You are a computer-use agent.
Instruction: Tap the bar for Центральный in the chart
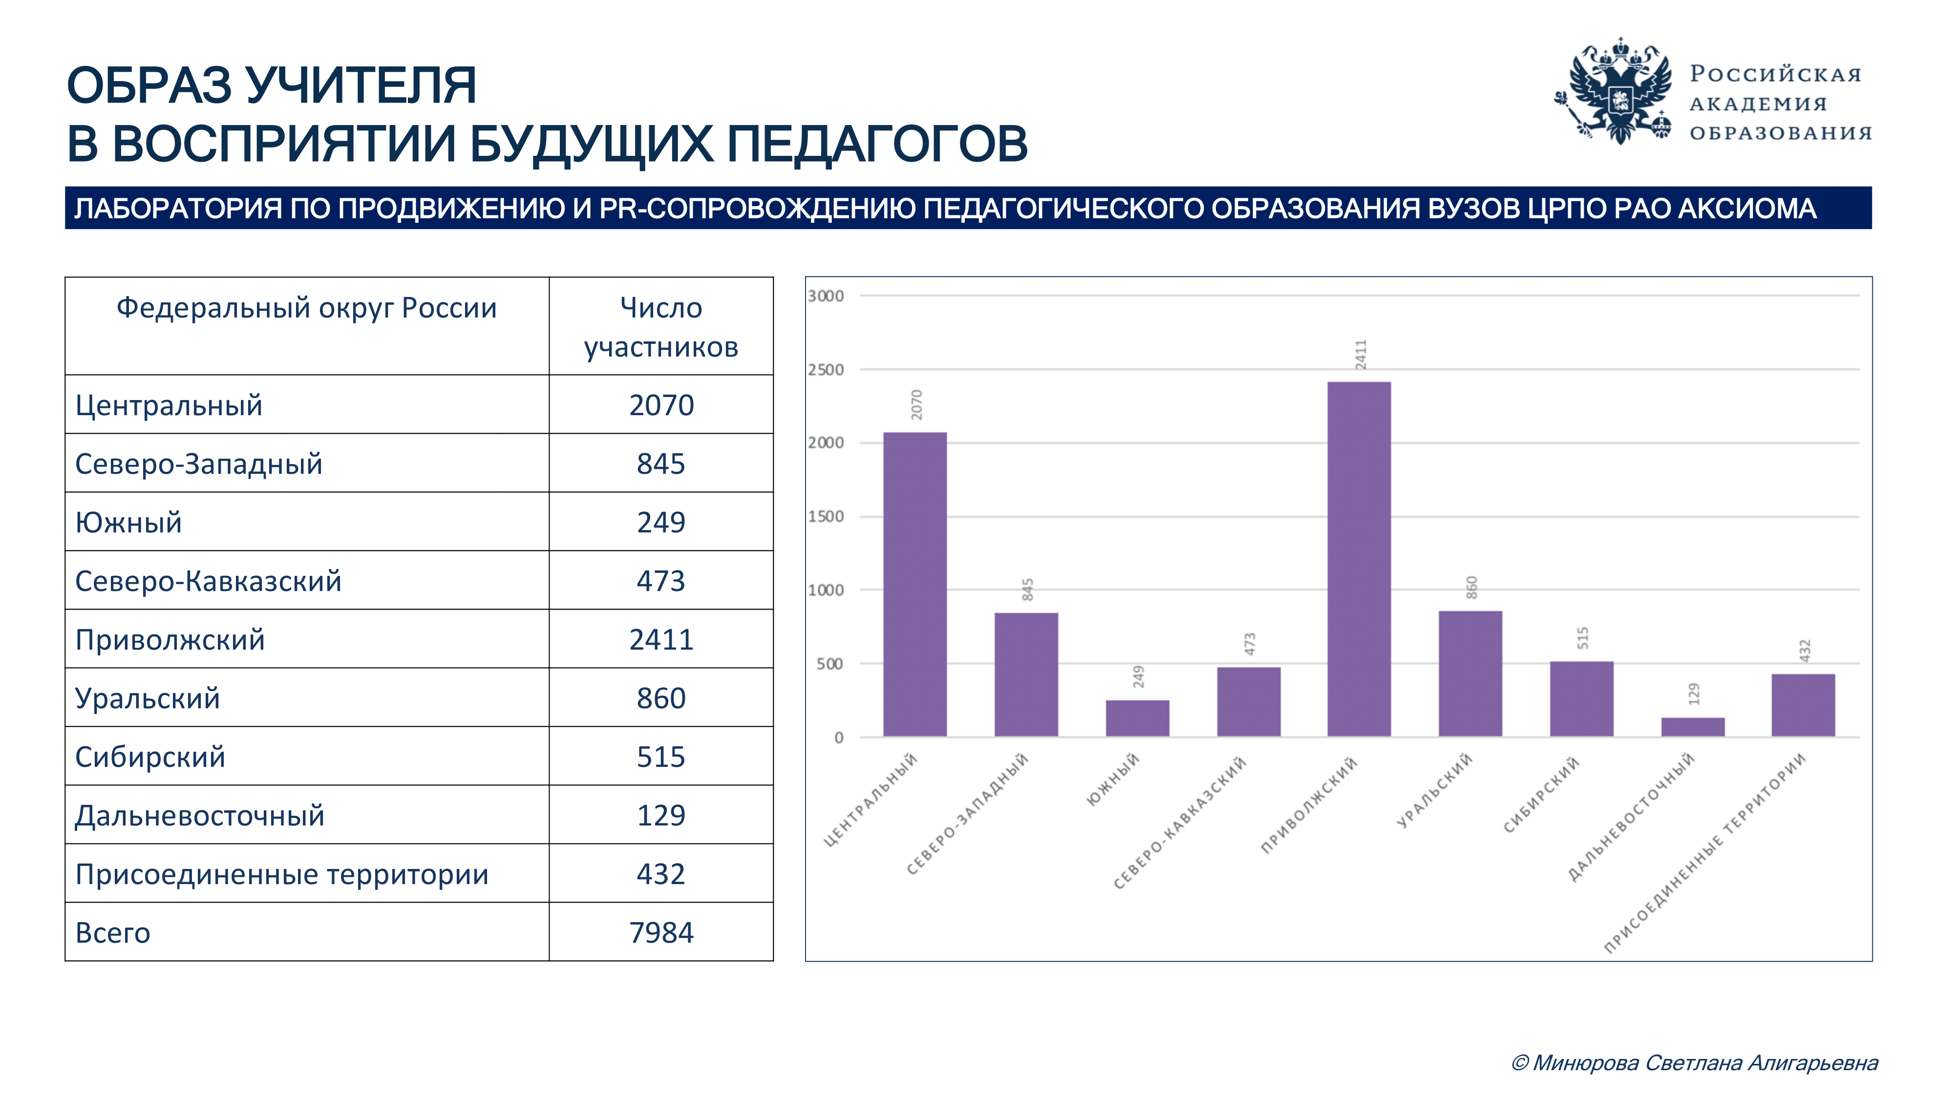click(x=915, y=584)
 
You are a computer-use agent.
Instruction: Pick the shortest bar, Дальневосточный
click(x=1692, y=727)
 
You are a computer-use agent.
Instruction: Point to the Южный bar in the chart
click(x=1137, y=718)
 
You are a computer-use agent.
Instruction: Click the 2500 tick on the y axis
click(x=825, y=370)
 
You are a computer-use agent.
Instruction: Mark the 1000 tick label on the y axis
click(x=825, y=590)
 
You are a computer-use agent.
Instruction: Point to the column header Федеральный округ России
click(x=306, y=308)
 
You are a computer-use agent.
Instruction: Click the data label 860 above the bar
click(x=1471, y=587)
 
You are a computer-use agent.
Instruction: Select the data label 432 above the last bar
click(x=1805, y=651)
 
